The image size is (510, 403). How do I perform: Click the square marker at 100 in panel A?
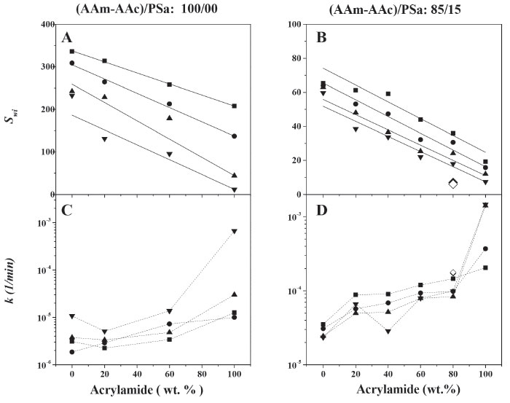click(235, 106)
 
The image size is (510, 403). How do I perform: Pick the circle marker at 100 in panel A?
click(235, 136)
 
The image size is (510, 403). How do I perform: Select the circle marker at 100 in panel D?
click(485, 269)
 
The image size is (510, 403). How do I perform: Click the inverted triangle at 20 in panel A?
click(104, 139)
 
